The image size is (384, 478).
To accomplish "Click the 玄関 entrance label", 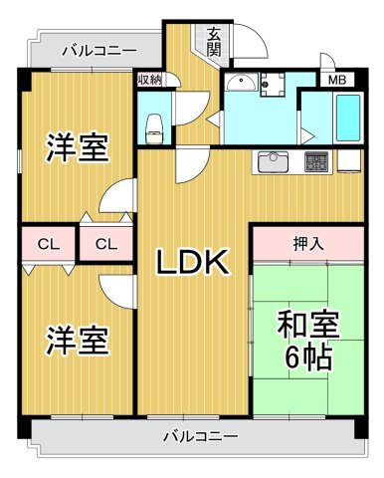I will point(214,41).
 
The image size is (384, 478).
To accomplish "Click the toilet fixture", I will point(154,125).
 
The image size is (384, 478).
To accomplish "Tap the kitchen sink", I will point(273,160).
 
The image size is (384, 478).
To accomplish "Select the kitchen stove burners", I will point(316,159).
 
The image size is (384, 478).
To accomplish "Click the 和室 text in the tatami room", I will point(307,323).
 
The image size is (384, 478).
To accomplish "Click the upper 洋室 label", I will point(77,148).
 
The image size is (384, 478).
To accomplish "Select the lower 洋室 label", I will point(77,341).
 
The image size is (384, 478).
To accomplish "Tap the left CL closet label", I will point(47,243).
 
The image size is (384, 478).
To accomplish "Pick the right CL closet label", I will point(106,243).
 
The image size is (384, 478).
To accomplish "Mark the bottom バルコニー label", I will point(199,436).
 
